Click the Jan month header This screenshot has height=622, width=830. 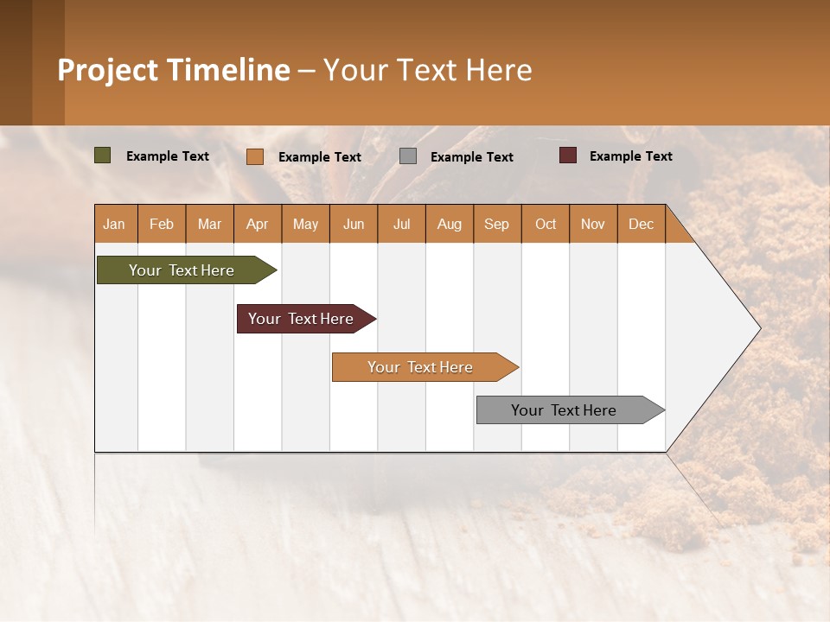tap(115, 224)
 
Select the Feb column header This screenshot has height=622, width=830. tap(162, 224)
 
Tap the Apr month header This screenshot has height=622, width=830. tap(258, 224)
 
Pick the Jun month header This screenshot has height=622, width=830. tap(354, 224)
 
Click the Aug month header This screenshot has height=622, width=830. tap(450, 224)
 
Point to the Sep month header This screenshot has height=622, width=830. tap(497, 224)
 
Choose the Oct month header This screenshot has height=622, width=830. tap(546, 224)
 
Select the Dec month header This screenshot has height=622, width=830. tap(642, 224)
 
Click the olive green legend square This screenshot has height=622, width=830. tap(103, 155)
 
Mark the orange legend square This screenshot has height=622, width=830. tap(255, 156)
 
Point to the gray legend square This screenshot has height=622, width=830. tap(408, 156)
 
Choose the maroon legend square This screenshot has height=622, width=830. tap(567, 155)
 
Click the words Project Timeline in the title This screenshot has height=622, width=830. tap(174, 70)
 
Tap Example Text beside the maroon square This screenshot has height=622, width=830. tap(630, 156)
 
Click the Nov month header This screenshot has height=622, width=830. tap(593, 224)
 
